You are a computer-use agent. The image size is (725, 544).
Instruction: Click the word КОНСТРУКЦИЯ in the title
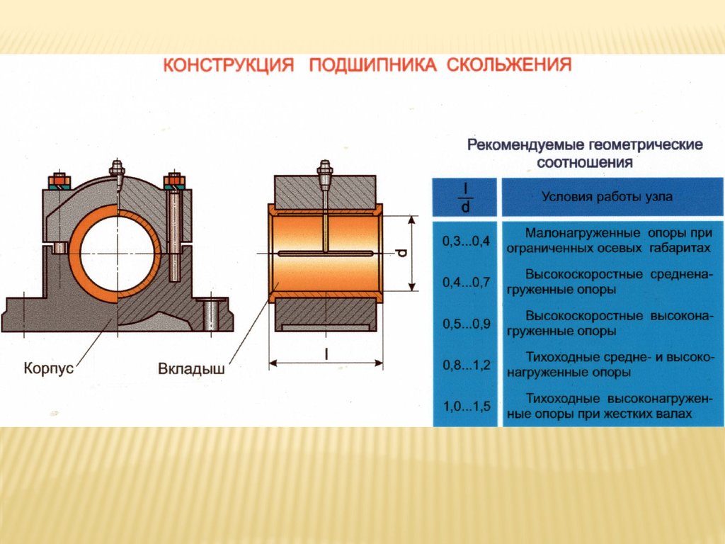point(229,65)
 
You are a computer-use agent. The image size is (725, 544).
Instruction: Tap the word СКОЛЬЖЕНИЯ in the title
point(509,64)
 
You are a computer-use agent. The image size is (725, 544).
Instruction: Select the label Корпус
point(49,368)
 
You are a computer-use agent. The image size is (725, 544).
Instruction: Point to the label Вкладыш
point(191,368)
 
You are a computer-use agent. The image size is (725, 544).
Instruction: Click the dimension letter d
point(402,253)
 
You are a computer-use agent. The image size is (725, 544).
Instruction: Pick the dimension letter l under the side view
point(326,354)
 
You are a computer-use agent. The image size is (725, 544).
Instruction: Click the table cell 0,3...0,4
point(466,242)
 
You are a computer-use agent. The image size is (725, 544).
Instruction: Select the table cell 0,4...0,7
point(466,282)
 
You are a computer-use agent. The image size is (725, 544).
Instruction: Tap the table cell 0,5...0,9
point(466,323)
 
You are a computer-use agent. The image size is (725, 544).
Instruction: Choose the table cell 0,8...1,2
point(466,365)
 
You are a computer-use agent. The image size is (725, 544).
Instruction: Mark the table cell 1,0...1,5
point(466,407)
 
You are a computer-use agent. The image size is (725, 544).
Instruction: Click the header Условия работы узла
point(607,197)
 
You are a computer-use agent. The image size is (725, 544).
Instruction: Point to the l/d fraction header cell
point(465,198)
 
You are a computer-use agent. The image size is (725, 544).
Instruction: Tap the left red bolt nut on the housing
point(59,179)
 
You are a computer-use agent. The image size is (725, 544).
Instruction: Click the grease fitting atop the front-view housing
point(117,169)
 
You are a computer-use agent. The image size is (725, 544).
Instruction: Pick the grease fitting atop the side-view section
point(325,170)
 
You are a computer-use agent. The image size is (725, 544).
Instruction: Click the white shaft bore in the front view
point(117,253)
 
